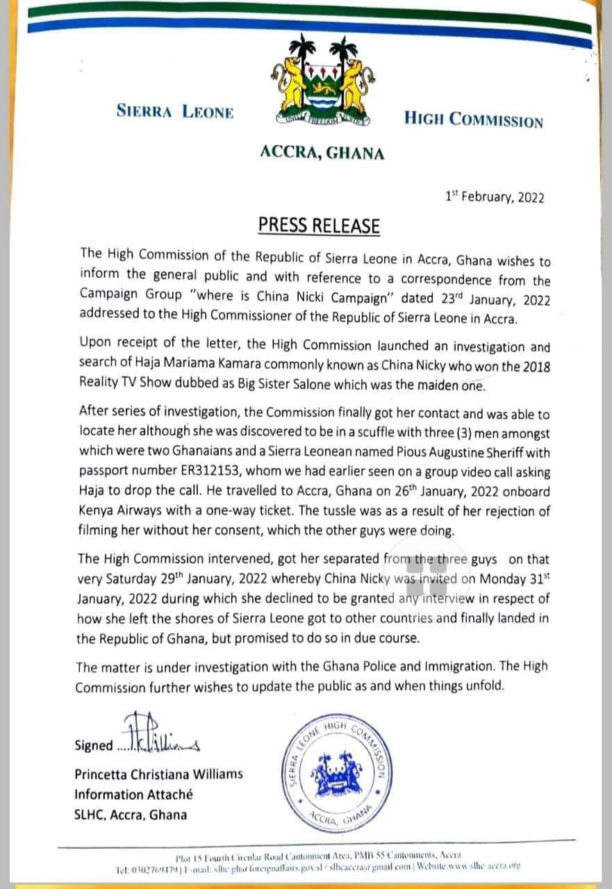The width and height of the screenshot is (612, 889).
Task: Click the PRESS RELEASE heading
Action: (319, 226)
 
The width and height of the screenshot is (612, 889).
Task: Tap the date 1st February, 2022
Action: (495, 197)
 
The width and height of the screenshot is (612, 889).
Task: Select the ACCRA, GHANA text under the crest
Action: (322, 153)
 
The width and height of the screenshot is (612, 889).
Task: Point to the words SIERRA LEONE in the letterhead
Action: (175, 112)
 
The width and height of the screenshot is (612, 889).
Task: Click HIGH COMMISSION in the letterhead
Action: (473, 119)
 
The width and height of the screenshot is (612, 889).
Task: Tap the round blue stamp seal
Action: (340, 769)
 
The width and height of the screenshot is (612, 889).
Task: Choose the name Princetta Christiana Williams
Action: (158, 774)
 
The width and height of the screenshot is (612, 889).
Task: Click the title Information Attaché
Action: (133, 794)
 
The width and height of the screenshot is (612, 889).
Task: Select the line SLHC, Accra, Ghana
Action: (131, 814)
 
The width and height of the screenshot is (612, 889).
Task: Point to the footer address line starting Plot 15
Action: (319, 854)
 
